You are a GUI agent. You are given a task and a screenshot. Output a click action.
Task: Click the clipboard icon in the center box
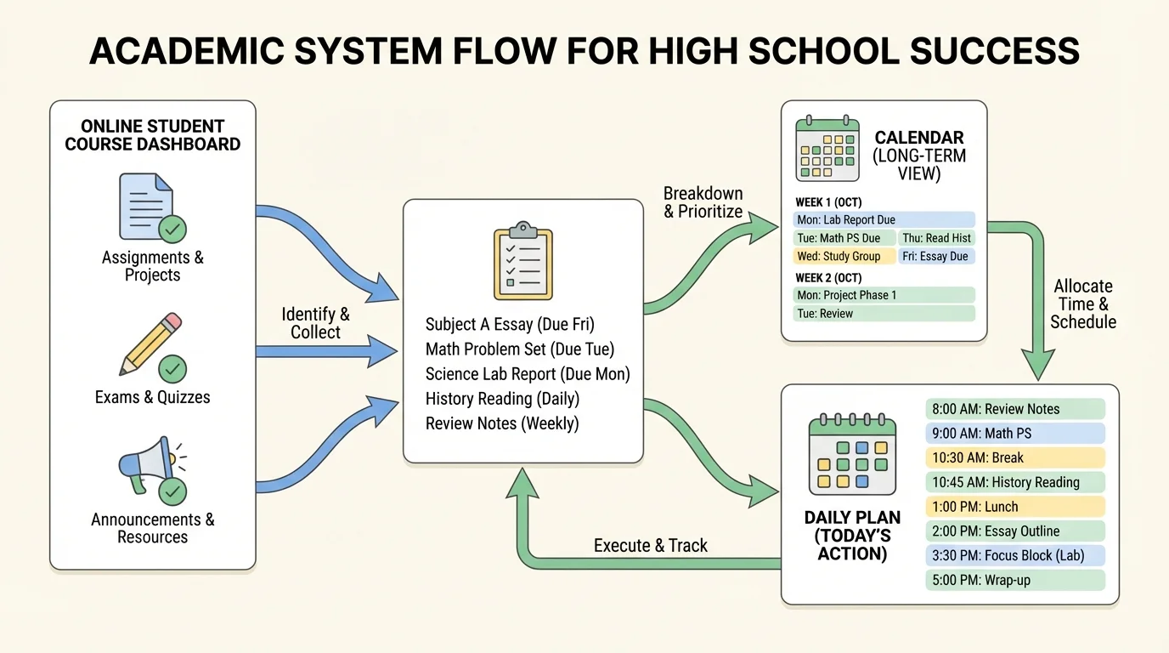(522, 260)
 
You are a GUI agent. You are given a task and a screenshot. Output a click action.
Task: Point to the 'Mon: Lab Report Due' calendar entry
(884, 220)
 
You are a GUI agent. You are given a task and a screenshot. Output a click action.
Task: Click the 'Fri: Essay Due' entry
(935, 256)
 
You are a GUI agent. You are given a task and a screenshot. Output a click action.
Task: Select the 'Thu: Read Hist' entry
(935, 238)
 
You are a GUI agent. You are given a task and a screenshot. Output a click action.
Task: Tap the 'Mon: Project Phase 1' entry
(884, 295)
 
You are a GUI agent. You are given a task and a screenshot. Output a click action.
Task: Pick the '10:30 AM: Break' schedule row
(1014, 457)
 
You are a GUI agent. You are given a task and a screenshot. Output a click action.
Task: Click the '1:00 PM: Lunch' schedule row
(1014, 507)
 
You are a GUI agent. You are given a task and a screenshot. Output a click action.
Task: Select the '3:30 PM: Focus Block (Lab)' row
(1014, 556)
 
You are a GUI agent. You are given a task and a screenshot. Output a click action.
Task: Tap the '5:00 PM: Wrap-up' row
(1014, 581)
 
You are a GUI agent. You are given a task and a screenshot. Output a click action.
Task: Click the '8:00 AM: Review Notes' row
(1014, 409)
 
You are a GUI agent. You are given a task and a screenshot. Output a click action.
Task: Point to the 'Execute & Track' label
(650, 546)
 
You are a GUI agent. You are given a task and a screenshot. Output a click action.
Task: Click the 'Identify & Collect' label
(315, 323)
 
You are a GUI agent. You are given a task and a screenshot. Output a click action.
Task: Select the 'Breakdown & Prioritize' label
(703, 202)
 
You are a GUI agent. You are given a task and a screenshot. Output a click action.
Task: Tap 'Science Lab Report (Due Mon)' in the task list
(528, 374)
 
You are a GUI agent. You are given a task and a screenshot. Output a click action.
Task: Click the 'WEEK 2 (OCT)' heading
(828, 278)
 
